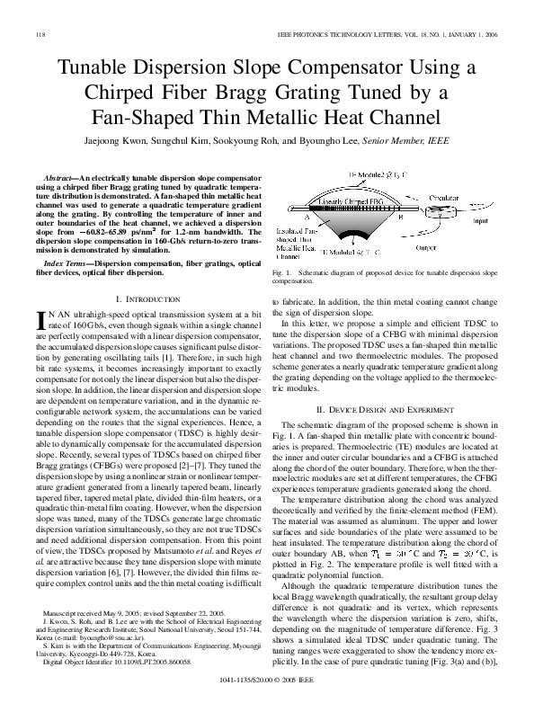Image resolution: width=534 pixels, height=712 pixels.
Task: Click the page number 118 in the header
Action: tap(40, 34)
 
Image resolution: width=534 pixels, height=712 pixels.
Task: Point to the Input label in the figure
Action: tap(481, 220)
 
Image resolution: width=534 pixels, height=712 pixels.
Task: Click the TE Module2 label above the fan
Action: tap(353, 175)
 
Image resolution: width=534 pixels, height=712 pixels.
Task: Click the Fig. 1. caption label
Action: tap(281, 271)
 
